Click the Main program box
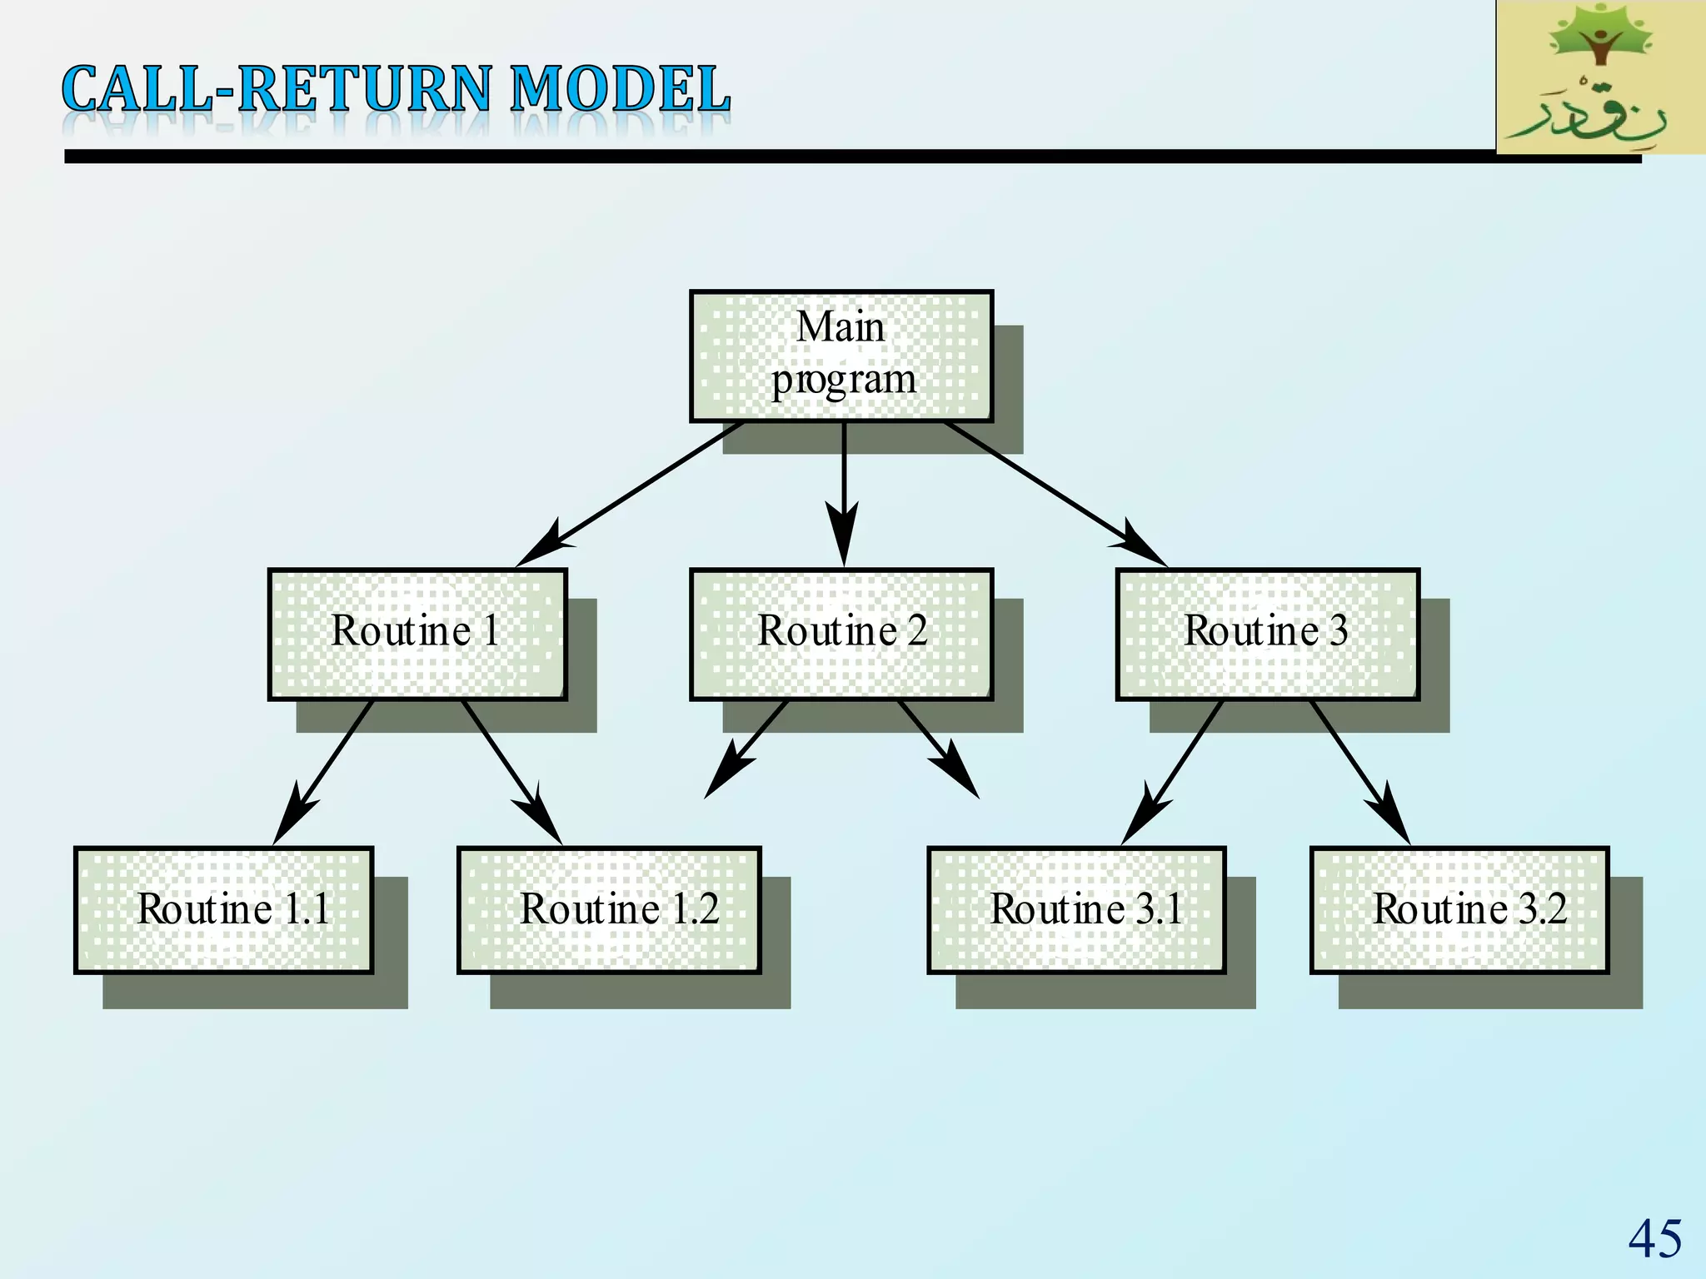point(841,356)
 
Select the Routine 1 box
point(417,634)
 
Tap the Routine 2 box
point(841,634)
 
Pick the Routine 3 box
point(1267,634)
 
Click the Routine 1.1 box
point(223,909)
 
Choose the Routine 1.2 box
point(609,909)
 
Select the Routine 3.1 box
point(1076,909)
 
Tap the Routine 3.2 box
point(1459,909)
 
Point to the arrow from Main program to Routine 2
point(844,491)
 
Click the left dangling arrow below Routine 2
point(746,749)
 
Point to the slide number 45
point(1654,1238)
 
